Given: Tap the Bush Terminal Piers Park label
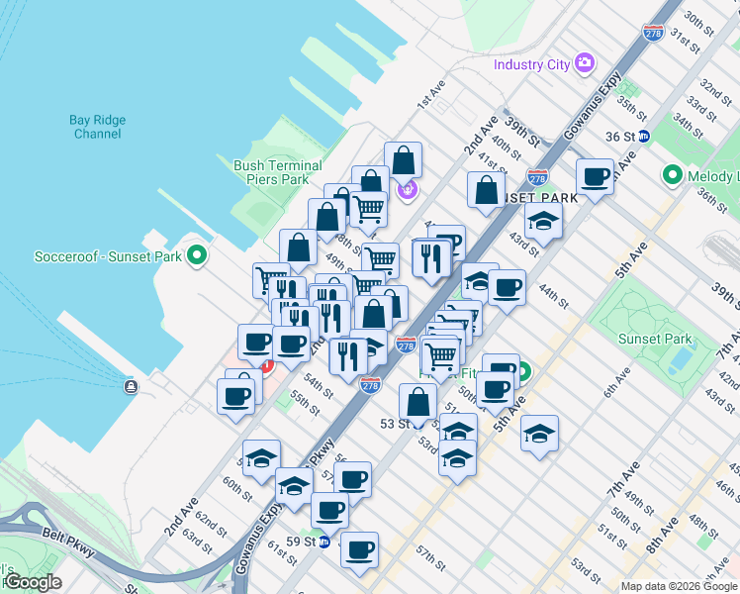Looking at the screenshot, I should click(x=277, y=172).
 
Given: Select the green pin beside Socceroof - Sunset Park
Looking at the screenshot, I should click(x=197, y=255).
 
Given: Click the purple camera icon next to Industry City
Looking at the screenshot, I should click(x=585, y=63).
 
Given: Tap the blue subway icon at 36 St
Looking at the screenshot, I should click(x=643, y=137).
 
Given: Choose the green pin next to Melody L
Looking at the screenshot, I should click(x=674, y=176).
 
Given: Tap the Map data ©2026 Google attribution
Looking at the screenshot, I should click(x=679, y=586).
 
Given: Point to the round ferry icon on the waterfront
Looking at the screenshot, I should click(x=130, y=386).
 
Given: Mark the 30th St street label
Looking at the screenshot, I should click(x=698, y=21).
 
